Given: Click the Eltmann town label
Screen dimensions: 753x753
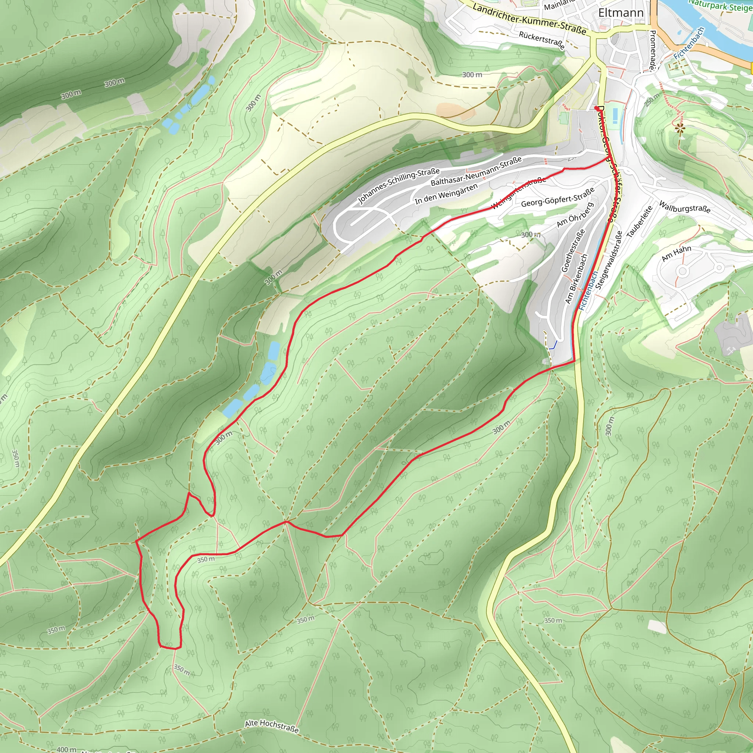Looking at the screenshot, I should coord(621,13).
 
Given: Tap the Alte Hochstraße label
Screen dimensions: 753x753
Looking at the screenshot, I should coord(272,726).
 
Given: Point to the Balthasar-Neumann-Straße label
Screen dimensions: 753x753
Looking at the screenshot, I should coord(476,171).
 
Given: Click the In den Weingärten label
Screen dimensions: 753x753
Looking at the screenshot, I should coord(446,194).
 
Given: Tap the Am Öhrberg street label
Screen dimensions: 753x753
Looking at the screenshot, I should coord(575,215).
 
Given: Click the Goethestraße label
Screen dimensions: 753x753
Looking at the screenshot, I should coord(573,250).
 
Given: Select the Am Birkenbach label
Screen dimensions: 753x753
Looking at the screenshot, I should coord(576,279).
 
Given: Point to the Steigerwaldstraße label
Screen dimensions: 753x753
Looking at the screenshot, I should coord(609,259).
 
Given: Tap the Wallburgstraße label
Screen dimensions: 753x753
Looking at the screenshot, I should coord(684,207).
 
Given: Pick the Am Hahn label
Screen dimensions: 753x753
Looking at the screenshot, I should coord(676,253).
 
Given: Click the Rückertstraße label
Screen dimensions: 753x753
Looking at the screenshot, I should coord(541,40).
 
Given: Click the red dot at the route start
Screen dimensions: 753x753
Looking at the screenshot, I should coord(596,108).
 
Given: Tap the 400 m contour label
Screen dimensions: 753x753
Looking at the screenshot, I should coord(66,749).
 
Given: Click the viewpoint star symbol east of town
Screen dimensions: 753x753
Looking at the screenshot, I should coord(680,128).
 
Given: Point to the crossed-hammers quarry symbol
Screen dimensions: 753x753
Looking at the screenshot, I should coord(731,351).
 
